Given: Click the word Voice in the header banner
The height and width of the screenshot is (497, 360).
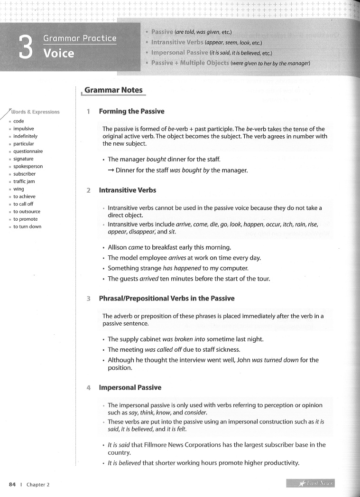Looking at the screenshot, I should coord(59,53).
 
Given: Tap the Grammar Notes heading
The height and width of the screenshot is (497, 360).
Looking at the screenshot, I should coord(113,90).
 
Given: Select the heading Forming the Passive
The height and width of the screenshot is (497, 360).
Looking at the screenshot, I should coord(131,112).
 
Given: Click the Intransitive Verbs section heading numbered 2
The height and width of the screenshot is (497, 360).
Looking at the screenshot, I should coord(127,190).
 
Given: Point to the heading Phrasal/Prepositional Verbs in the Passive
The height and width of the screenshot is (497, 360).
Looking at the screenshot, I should coord(166,299).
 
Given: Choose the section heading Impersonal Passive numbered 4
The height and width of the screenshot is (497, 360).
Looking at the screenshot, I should coord(130,387).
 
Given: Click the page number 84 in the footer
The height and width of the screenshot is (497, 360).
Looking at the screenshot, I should coord(12,484).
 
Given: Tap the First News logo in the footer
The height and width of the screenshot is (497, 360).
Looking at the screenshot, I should coord(311,484).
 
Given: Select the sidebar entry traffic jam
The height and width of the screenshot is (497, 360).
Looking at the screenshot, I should coord(24,181).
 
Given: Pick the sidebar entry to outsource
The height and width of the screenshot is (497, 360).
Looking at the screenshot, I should coord(27,212).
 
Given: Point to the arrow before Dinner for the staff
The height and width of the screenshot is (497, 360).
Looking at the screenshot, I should coord(111,170).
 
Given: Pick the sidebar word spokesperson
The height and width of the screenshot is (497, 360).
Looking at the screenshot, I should coord(28,167).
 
